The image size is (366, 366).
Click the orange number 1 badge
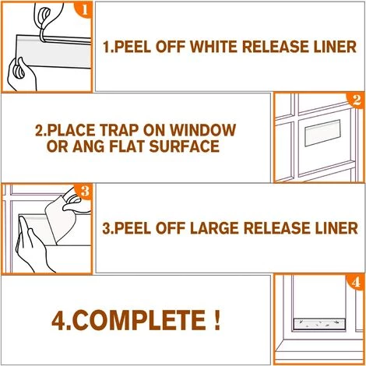(84, 9)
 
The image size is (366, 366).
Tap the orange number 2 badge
(356, 100)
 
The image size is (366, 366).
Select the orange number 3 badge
(84, 192)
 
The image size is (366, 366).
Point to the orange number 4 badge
(356, 283)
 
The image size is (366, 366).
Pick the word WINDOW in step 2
(203, 130)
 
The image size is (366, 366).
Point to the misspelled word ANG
(89, 146)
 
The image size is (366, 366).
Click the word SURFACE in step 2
(185, 146)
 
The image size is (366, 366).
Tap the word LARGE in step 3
(214, 228)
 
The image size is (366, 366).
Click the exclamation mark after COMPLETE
(217, 320)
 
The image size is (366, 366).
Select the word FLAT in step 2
(127, 146)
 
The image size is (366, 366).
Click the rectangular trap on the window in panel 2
(323, 132)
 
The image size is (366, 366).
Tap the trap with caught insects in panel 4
(319, 324)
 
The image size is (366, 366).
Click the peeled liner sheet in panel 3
(60, 218)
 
